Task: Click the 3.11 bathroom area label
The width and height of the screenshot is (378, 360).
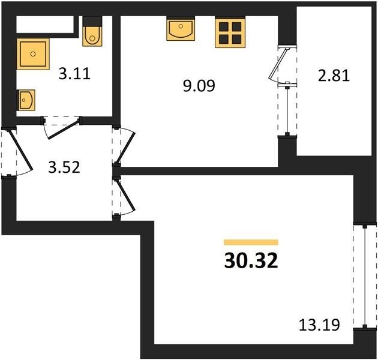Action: (74, 74)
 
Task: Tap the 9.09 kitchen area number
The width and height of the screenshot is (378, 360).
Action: (199, 86)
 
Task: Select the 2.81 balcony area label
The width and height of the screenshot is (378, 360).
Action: (334, 76)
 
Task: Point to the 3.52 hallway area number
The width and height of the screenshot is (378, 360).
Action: (64, 167)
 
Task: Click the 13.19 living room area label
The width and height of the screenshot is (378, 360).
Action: (319, 325)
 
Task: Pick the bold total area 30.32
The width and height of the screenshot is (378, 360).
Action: (251, 262)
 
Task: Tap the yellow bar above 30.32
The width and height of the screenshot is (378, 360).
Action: (251, 242)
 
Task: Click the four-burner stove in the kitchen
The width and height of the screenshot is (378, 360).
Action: (230, 33)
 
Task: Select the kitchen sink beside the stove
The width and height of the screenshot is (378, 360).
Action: (181, 29)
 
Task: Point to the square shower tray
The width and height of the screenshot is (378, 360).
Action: (33, 54)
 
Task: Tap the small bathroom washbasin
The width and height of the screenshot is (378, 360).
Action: (26, 100)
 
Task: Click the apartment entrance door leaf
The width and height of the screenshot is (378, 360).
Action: (20, 149)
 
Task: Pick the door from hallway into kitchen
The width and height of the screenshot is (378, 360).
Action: (125, 148)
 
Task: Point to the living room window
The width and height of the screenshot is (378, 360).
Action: (365, 277)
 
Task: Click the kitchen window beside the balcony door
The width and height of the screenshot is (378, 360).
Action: (287, 110)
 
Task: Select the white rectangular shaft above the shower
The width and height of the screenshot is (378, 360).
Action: (45, 25)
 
